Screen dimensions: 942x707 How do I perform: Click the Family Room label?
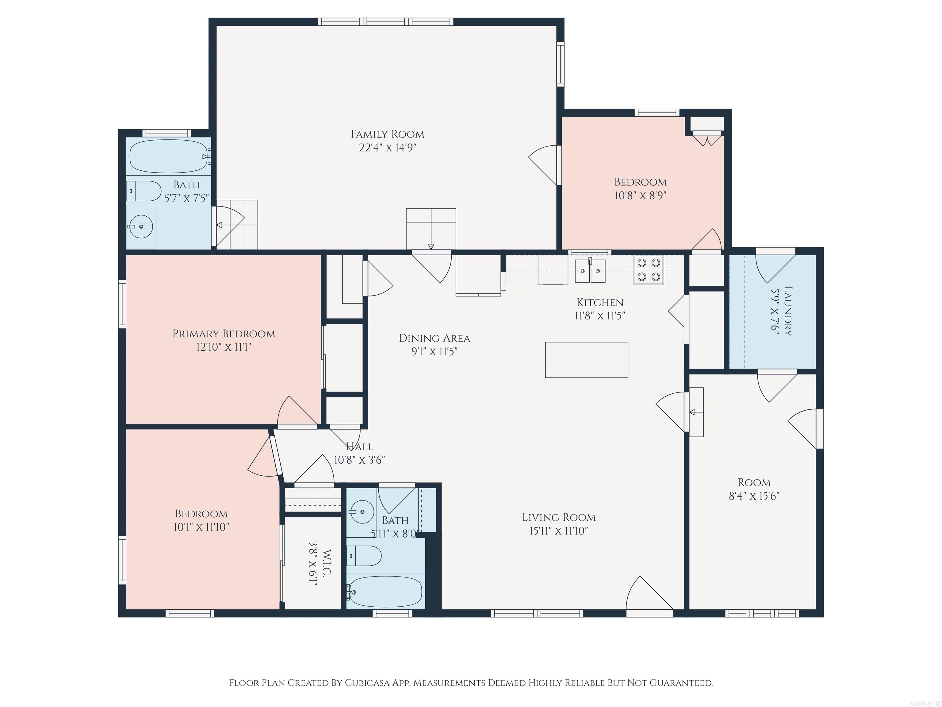(x=388, y=134)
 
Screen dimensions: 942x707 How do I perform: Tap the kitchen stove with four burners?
(x=649, y=270)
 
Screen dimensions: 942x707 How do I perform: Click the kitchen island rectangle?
(x=586, y=360)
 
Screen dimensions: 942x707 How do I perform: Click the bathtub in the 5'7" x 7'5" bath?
(x=169, y=156)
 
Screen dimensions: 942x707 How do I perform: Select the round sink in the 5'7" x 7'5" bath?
(x=141, y=227)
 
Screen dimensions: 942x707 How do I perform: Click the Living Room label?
(x=559, y=517)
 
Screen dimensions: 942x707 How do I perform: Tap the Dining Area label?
(x=435, y=338)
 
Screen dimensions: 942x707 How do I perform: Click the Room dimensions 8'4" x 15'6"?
(x=754, y=496)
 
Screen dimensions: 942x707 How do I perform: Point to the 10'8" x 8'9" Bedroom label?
(x=640, y=182)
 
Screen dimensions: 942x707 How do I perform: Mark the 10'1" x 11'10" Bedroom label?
(x=201, y=514)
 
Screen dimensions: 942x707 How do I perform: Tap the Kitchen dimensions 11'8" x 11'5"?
(x=600, y=316)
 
